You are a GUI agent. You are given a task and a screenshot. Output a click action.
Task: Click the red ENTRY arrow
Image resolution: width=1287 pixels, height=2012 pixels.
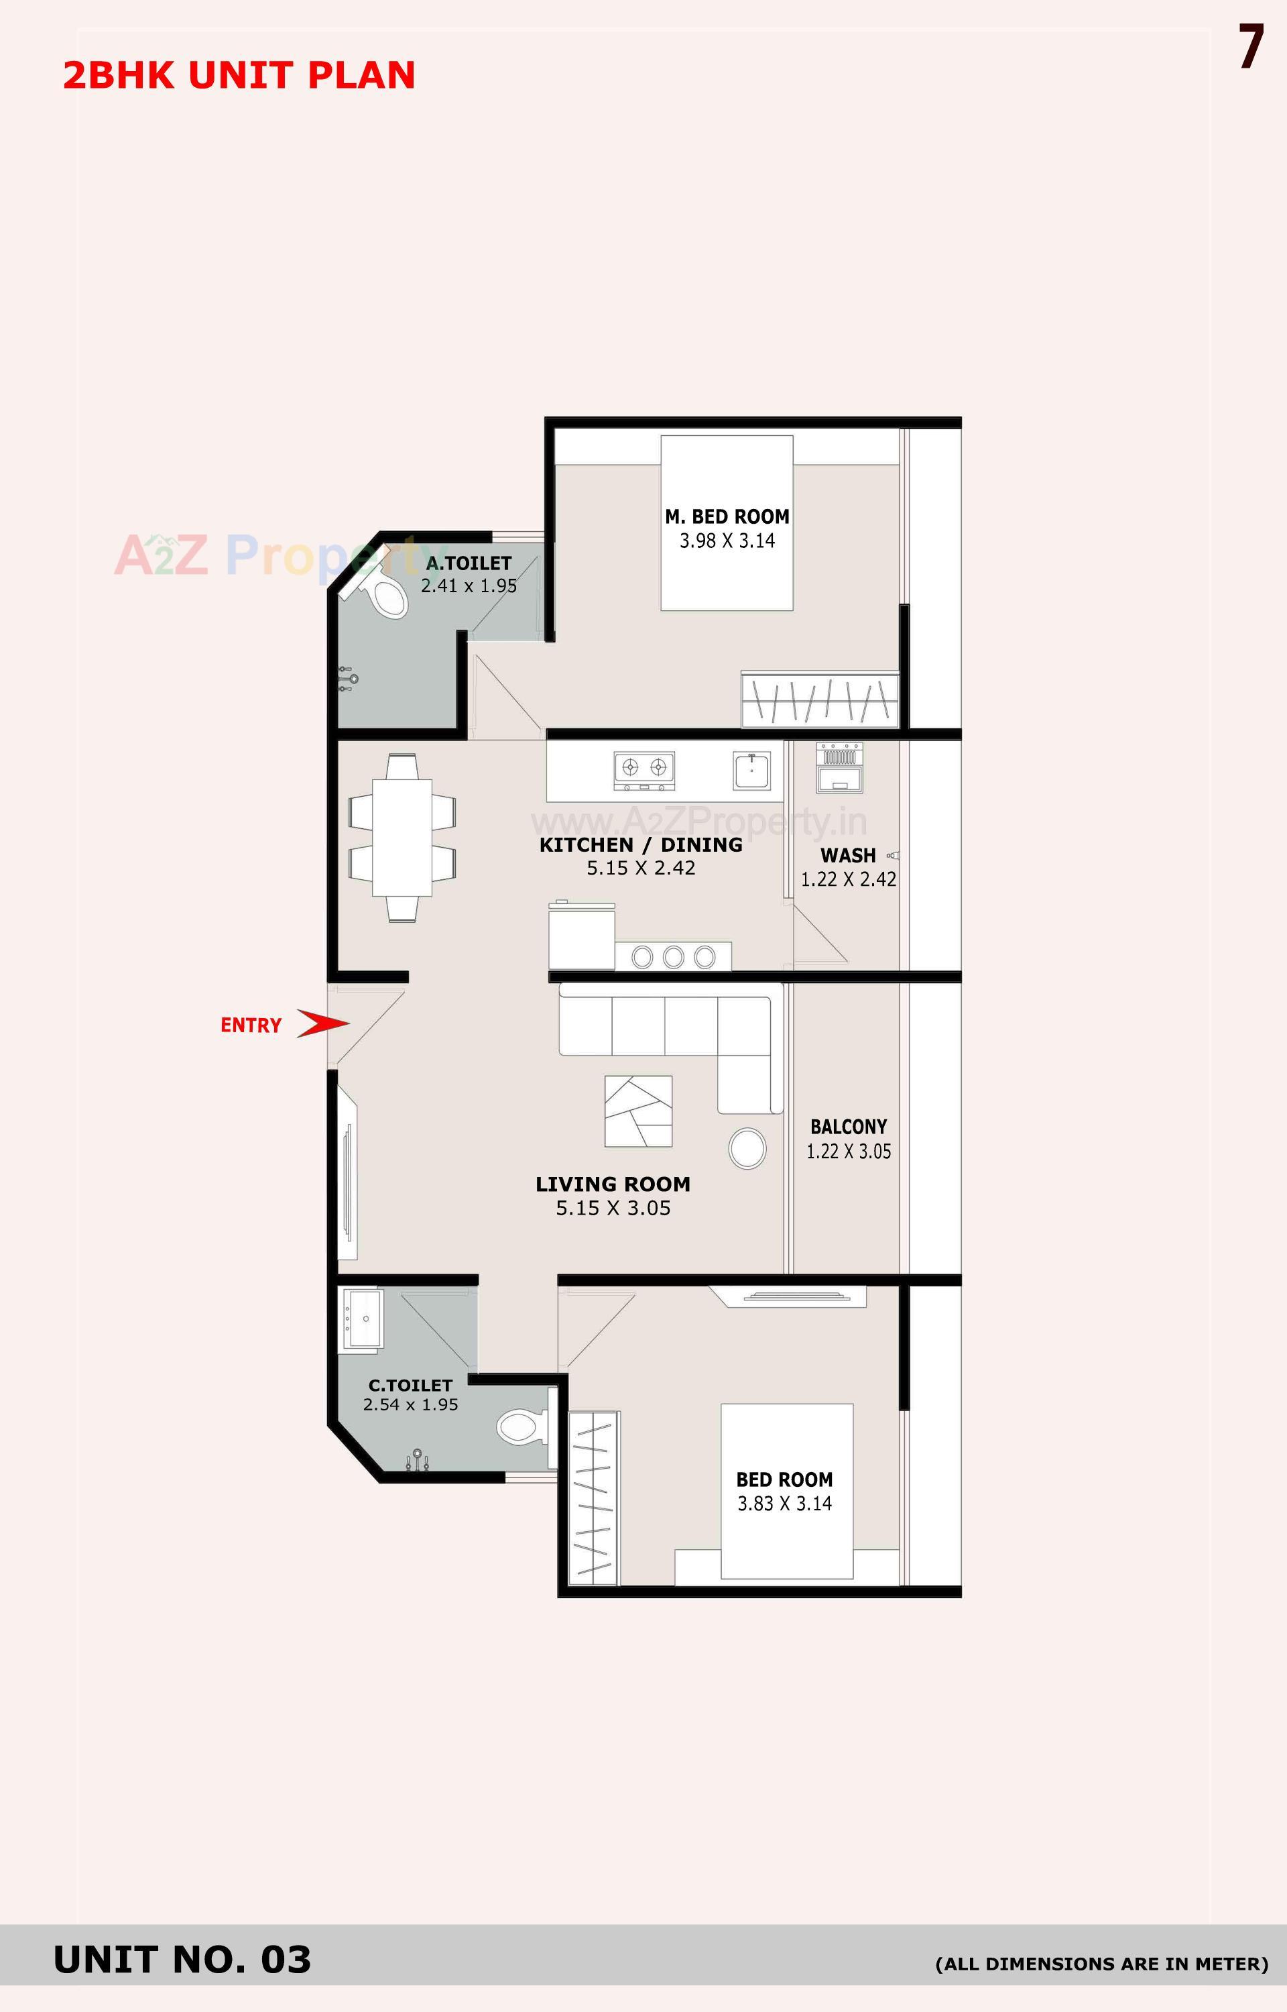click(x=322, y=1023)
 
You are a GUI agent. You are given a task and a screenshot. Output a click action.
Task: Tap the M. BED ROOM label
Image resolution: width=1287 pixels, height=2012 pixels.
click(x=727, y=516)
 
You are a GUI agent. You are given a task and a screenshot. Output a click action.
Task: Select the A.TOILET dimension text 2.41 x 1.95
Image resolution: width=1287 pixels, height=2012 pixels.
click(x=469, y=586)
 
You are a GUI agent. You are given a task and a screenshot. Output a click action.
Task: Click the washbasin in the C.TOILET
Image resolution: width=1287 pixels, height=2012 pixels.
click(x=362, y=1320)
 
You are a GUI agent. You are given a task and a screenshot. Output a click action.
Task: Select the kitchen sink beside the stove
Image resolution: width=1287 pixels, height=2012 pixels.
click(x=752, y=770)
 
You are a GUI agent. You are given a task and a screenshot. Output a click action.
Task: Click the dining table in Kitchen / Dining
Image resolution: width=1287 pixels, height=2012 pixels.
click(x=402, y=838)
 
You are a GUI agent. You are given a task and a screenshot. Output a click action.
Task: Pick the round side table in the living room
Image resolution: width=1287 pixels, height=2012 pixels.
click(x=747, y=1149)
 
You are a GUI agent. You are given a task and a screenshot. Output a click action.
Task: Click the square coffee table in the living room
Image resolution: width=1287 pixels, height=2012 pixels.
click(x=639, y=1111)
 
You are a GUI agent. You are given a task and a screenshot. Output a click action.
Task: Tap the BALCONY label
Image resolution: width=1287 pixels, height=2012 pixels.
click(x=848, y=1127)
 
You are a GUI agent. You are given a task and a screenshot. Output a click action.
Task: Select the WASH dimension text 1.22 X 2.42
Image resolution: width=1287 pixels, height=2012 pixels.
click(x=848, y=879)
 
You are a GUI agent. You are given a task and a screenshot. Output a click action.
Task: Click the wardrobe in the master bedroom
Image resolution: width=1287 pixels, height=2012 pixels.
click(x=820, y=699)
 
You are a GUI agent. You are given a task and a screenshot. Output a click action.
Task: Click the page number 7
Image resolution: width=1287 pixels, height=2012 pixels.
click(x=1250, y=48)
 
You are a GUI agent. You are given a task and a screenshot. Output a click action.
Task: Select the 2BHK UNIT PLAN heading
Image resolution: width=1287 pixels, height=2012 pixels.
click(x=239, y=75)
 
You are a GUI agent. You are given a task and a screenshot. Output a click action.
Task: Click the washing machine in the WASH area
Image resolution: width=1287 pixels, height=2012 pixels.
click(x=839, y=767)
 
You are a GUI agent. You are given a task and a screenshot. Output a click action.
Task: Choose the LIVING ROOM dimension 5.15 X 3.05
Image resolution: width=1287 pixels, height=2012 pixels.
click(x=613, y=1208)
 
